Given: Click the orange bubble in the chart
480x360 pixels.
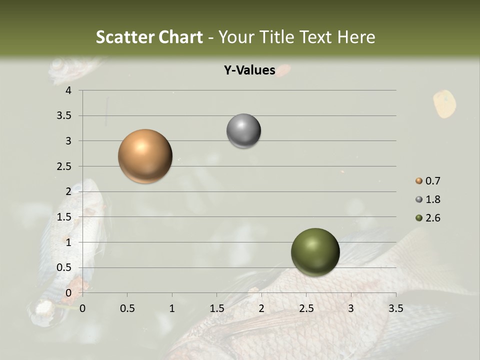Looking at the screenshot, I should [145, 156].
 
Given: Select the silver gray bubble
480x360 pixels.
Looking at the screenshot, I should [243, 131].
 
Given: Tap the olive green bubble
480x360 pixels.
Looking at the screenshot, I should [315, 252].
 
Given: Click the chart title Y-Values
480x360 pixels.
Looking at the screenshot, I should [249, 70].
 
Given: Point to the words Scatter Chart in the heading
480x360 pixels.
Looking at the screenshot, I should [149, 37].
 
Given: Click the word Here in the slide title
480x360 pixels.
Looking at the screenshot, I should [356, 37].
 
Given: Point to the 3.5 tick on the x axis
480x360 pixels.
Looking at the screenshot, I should [395, 308].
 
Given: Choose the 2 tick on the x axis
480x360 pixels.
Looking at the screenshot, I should [261, 308].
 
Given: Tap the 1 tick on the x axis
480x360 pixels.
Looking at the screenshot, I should [172, 308].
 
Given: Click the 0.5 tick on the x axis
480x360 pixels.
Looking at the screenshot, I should [127, 308].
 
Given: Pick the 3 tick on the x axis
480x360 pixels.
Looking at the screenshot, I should [351, 308].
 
